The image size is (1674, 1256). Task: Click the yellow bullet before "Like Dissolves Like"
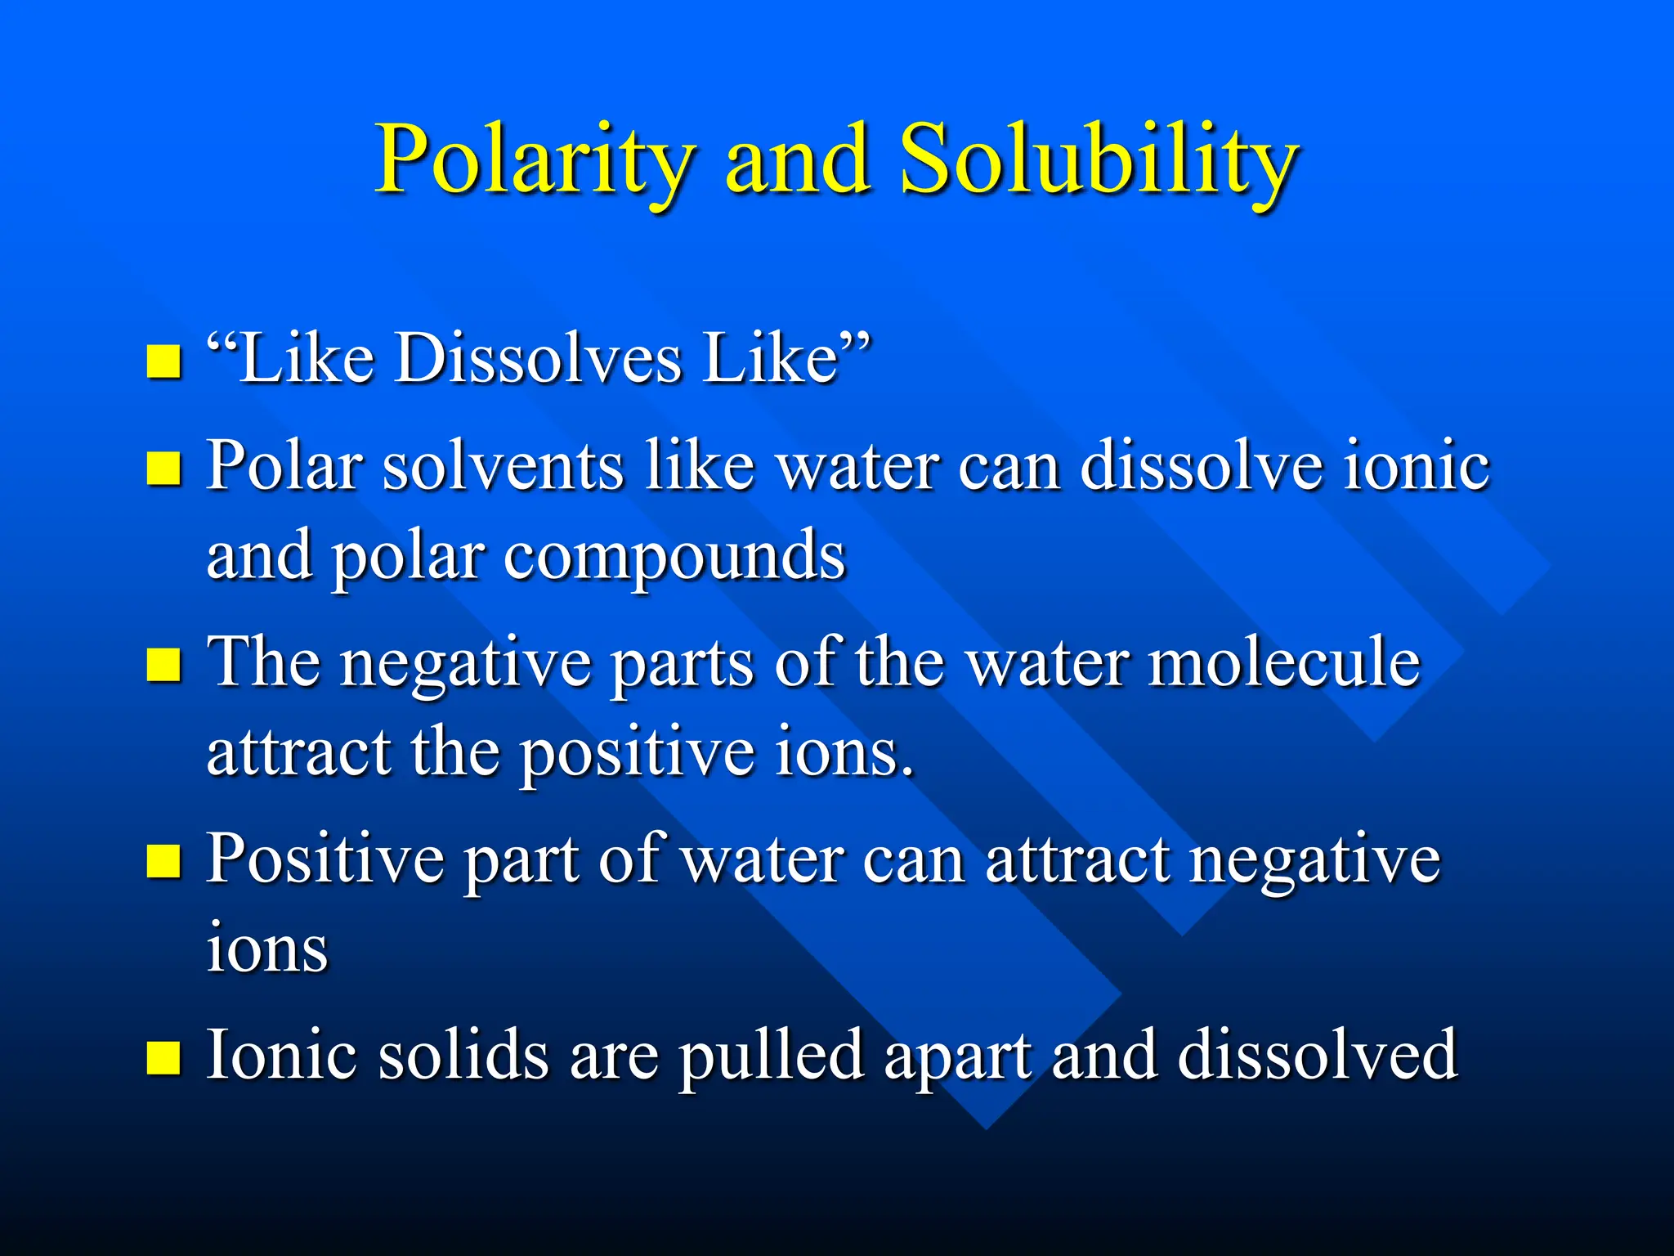pyautogui.click(x=163, y=361)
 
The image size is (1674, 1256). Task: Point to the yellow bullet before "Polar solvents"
pyautogui.click(x=163, y=469)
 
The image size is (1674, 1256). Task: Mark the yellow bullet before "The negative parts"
pyautogui.click(x=163, y=664)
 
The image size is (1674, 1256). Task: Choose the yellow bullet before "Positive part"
pyautogui.click(x=163, y=860)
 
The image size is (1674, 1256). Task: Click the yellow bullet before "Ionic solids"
pyautogui.click(x=163, y=1056)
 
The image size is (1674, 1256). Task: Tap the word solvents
pyautogui.click(x=502, y=466)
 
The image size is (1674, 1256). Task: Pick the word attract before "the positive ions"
pyautogui.click(x=298, y=752)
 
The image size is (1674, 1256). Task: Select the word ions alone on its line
pyautogui.click(x=267, y=949)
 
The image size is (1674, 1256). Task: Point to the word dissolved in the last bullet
pyautogui.click(x=1317, y=1055)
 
